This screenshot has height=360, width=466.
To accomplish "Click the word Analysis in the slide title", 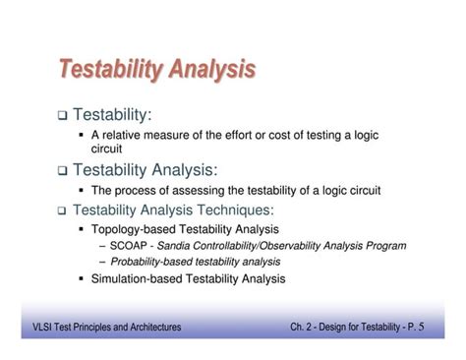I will [x=212, y=70].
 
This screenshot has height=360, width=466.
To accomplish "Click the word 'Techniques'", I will [x=236, y=210].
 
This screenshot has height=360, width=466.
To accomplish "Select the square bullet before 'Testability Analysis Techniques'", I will [x=62, y=210].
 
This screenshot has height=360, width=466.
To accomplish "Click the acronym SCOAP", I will [x=130, y=245].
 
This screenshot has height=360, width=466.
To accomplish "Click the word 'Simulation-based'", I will [x=133, y=279].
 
